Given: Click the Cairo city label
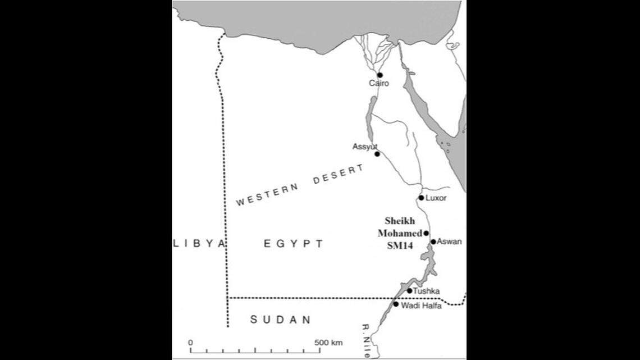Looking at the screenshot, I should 378,84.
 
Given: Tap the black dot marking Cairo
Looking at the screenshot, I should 380,75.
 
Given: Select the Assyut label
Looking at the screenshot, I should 363,147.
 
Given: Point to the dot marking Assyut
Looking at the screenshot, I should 377,154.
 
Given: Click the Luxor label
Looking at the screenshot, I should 436,198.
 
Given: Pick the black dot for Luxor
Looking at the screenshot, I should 421,198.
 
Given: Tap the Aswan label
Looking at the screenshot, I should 449,241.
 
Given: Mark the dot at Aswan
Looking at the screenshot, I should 433,242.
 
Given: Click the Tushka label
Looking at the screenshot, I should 426,291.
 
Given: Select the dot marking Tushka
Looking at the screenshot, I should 409,291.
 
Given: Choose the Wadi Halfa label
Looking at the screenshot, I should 421,305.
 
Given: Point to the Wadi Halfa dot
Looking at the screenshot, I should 396,304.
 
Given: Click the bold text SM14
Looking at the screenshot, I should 400,254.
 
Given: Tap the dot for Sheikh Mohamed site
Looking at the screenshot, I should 426,233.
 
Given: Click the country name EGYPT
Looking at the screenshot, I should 294,244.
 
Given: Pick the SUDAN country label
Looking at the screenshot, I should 280,320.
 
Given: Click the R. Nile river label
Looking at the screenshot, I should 366,339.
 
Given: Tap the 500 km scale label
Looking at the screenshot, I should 328,343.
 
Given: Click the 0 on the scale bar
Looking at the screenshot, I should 190,343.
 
